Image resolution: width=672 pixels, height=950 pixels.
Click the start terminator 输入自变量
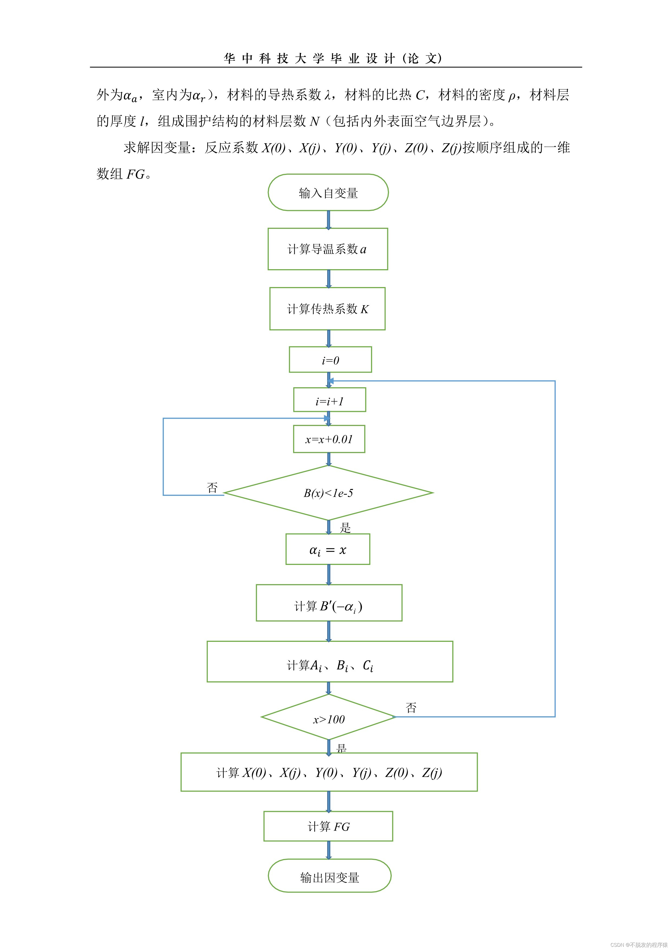(328, 193)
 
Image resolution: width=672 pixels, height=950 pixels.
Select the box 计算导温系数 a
(328, 249)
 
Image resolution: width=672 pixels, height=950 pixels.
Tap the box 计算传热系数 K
(327, 309)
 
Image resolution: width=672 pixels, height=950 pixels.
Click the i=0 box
(330, 360)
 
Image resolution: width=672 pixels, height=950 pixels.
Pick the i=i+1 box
(329, 400)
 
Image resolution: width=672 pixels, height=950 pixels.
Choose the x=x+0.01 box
(329, 439)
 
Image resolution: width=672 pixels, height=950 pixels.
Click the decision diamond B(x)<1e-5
(328, 493)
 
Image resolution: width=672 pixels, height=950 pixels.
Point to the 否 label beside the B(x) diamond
(212, 487)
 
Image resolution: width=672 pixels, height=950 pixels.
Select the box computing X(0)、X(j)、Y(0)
(329, 772)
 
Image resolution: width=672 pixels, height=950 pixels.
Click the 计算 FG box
(328, 826)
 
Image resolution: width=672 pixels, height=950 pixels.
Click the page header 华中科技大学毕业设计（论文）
(333, 58)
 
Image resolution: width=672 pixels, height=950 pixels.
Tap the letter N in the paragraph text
(314, 121)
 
